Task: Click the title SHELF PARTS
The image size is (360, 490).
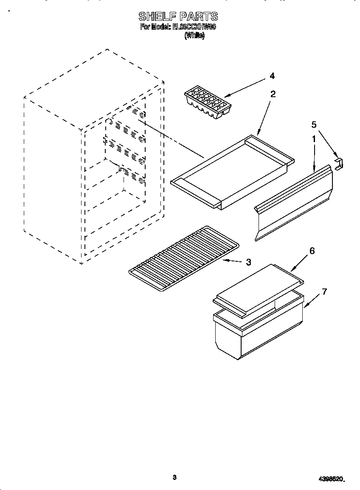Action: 178,17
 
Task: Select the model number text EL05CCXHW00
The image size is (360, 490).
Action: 194,27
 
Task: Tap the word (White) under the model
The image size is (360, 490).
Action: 194,36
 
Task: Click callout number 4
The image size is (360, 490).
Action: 272,76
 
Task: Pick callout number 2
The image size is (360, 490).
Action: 273,94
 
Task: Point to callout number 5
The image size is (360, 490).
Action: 314,124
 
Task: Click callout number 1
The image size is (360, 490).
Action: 314,139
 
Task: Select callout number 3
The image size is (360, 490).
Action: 248,262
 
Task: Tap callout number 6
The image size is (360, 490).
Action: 312,251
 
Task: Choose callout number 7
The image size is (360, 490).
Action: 324,291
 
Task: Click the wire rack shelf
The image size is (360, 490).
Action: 183,260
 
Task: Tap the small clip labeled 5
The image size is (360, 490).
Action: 339,163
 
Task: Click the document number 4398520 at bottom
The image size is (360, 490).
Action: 331,479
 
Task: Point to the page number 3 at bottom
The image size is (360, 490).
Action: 174,477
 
